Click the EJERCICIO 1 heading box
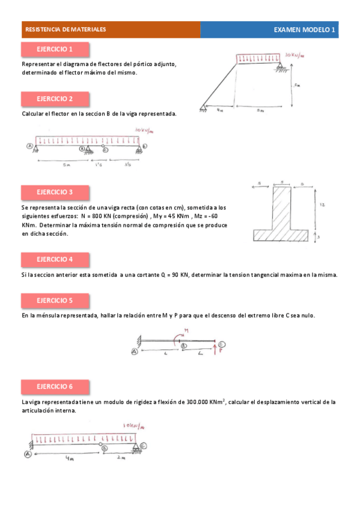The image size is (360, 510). (x=55, y=49)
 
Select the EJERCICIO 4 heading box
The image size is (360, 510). (x=55, y=259)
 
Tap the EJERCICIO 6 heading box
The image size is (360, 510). (x=55, y=386)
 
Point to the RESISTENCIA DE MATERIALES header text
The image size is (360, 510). (x=64, y=29)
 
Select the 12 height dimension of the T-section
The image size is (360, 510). (x=323, y=205)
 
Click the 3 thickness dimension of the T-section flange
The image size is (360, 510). (x=319, y=238)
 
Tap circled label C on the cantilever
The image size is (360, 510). (x=222, y=344)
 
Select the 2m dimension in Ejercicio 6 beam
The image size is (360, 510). (x=123, y=458)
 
